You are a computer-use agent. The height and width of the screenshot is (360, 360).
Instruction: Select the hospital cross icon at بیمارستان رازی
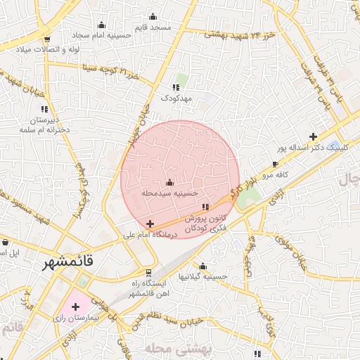pyautogui.click(x=75, y=306)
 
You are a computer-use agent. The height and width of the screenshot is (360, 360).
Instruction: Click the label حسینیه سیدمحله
pyautogui.click(x=169, y=192)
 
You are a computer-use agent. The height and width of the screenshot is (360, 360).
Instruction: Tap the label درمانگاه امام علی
pyautogui.click(x=149, y=234)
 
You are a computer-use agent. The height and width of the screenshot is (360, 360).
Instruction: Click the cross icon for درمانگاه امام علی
pyautogui.click(x=149, y=224)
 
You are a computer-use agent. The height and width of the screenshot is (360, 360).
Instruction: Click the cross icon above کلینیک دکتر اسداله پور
pyautogui.click(x=313, y=136)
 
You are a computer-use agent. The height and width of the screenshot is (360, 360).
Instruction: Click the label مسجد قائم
pyautogui.click(x=154, y=27)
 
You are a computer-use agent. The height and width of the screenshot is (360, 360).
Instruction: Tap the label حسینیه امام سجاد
pyautogui.click(x=99, y=34)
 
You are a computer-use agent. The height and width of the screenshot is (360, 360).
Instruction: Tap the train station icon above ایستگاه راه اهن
pyautogui.click(x=148, y=272)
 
